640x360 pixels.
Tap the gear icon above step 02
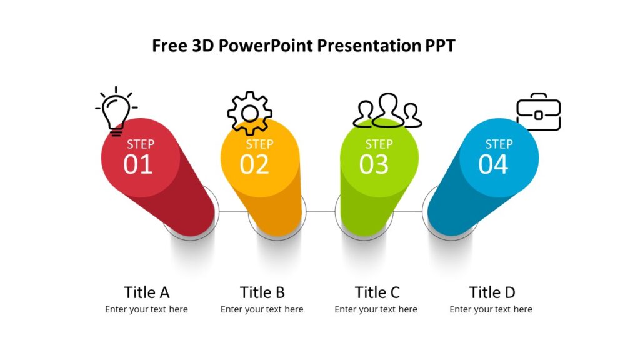[249, 113]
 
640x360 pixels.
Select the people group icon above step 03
[387, 111]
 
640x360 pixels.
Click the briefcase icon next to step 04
[538, 112]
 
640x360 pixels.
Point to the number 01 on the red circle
[138, 164]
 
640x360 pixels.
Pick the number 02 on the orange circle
[254, 164]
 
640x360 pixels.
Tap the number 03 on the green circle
[374, 164]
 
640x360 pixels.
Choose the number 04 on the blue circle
[493, 164]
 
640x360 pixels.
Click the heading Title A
[147, 292]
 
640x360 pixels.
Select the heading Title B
[262, 292]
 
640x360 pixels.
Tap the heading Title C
[377, 292]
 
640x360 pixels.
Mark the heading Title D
[492, 292]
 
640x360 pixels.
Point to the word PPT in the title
[440, 46]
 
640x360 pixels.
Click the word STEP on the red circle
[141, 144]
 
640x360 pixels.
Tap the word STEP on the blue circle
[499, 144]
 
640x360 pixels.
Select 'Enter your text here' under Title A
[146, 309]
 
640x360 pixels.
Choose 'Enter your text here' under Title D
[491, 309]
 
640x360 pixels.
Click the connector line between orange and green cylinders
[320, 211]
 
